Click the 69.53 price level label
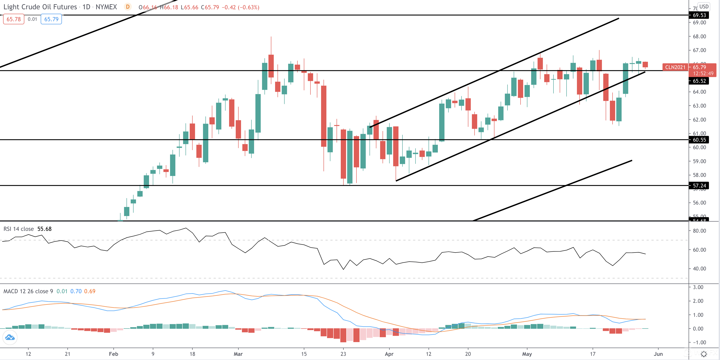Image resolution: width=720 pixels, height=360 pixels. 699,15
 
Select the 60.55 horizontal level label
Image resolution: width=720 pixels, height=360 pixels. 699,140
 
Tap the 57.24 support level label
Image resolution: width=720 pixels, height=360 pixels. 699,186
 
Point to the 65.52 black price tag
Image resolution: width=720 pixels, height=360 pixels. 699,81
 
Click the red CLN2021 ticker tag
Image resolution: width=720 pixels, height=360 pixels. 675,67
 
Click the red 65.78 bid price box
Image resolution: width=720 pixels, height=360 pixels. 14,19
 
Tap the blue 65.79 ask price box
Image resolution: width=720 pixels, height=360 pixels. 52,19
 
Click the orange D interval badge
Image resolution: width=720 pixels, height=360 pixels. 128,7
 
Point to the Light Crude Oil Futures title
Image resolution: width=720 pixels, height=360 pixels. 40,7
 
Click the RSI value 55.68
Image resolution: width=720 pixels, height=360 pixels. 44,229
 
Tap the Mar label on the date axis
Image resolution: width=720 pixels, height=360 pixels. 238,354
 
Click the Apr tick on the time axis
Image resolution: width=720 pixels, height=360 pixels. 389,354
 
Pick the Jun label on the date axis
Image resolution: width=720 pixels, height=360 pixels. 658,354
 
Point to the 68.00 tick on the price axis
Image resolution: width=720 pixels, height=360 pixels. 699,36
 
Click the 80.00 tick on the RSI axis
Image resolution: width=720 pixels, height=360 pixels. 699,231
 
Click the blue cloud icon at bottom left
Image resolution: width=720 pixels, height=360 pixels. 10,337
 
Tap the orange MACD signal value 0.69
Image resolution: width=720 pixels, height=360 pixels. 90,291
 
